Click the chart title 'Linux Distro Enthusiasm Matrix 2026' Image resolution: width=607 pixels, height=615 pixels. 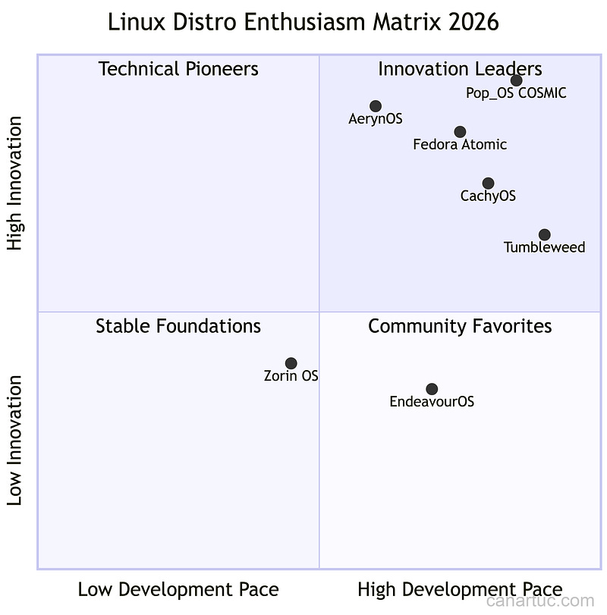[x=303, y=22]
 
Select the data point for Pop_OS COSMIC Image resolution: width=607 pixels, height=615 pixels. [x=517, y=80]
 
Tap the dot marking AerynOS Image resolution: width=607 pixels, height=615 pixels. [x=376, y=106]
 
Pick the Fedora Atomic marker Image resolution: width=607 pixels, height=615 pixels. [x=461, y=132]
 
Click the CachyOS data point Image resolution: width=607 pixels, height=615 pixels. [x=488, y=184]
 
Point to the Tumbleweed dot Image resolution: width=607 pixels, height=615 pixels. [x=545, y=235]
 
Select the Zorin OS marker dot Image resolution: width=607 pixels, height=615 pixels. [x=291, y=363]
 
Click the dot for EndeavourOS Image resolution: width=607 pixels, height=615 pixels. [x=432, y=389]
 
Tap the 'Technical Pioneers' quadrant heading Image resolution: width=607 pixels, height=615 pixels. [x=178, y=69]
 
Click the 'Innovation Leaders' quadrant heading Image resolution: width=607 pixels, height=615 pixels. [x=460, y=69]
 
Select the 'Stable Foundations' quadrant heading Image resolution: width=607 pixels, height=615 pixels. [x=178, y=326]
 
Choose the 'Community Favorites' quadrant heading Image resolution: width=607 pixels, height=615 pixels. [x=460, y=326]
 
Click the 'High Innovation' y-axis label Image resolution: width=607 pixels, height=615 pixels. [x=15, y=183]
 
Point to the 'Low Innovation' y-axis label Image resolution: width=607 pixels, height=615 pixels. [x=15, y=440]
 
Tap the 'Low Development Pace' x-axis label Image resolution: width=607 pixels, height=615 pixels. [x=178, y=589]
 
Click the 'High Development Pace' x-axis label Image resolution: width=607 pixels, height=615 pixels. [x=460, y=589]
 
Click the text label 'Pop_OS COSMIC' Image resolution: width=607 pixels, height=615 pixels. [x=516, y=94]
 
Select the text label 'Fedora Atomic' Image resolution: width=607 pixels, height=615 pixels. [x=460, y=145]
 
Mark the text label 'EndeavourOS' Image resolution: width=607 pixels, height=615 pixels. [x=432, y=402]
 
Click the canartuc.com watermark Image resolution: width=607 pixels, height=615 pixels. [x=539, y=601]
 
